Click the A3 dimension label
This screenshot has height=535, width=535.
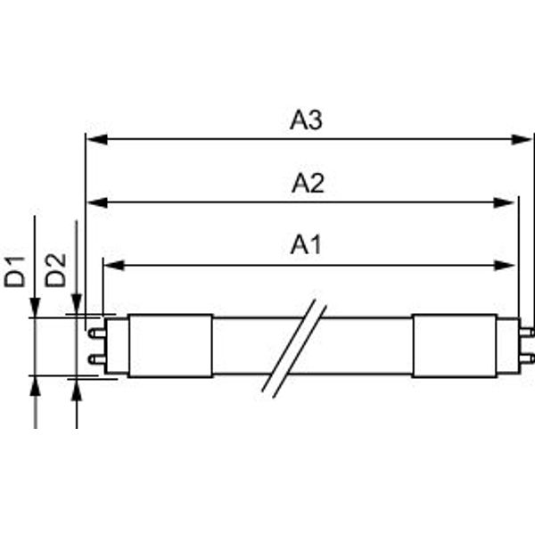[306, 119]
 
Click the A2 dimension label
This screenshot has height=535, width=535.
[308, 183]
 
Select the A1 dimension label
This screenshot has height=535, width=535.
[306, 244]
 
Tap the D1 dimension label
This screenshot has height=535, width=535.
[14, 272]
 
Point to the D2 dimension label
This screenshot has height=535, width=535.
[55, 270]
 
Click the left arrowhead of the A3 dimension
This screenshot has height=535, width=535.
[97, 139]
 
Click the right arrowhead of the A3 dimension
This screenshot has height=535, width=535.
[522, 139]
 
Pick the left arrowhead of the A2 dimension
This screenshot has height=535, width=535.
[98, 202]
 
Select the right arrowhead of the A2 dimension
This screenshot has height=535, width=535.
[504, 202]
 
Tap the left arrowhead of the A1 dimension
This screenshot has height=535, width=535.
[114, 265]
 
